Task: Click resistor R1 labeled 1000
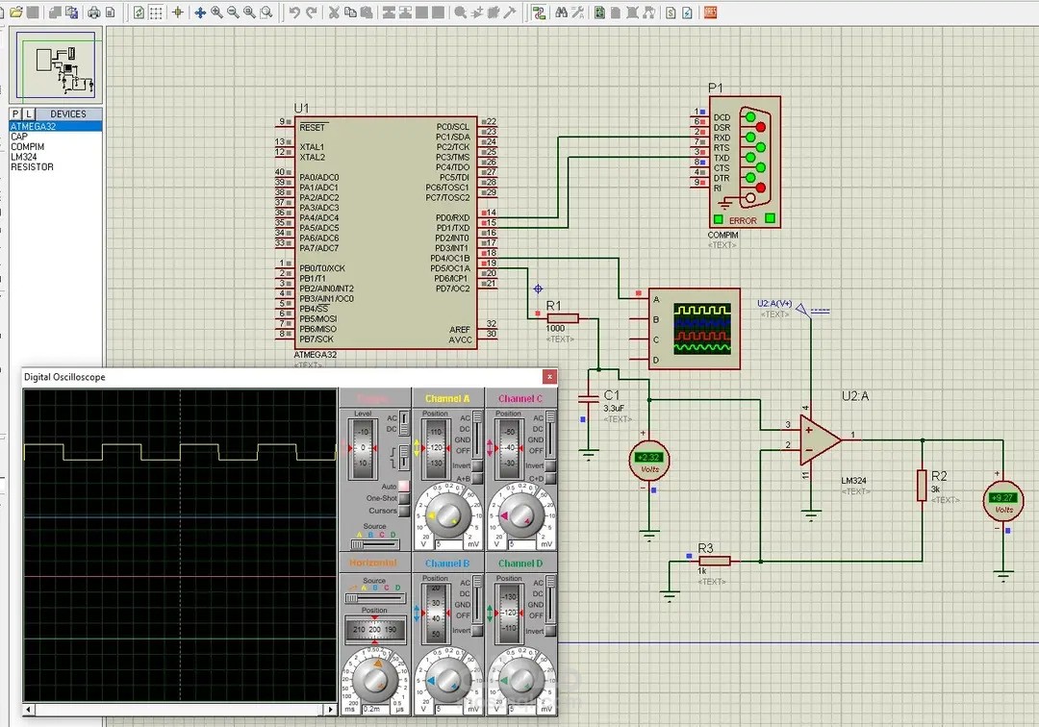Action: pyautogui.click(x=563, y=318)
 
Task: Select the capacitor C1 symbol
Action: pyautogui.click(x=588, y=397)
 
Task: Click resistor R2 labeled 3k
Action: pyautogui.click(x=922, y=485)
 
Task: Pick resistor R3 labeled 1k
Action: pyautogui.click(x=715, y=561)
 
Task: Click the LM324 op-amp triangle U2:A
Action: pyautogui.click(x=818, y=439)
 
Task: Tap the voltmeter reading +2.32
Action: pyautogui.click(x=648, y=461)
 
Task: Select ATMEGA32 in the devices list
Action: pyautogui.click(x=33, y=126)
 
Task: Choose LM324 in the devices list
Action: pyautogui.click(x=24, y=157)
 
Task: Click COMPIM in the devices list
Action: pyautogui.click(x=27, y=146)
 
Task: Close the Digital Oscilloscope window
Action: pyautogui.click(x=549, y=377)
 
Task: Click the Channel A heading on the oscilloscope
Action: pyautogui.click(x=447, y=398)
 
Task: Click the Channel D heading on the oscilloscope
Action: pyautogui.click(x=520, y=564)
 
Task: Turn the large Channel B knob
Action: pyautogui.click(x=447, y=680)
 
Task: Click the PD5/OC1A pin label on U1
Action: pyautogui.click(x=452, y=268)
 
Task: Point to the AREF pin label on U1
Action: pyautogui.click(x=460, y=329)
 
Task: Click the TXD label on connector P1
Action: pyautogui.click(x=722, y=158)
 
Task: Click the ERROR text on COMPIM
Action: pyautogui.click(x=743, y=221)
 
